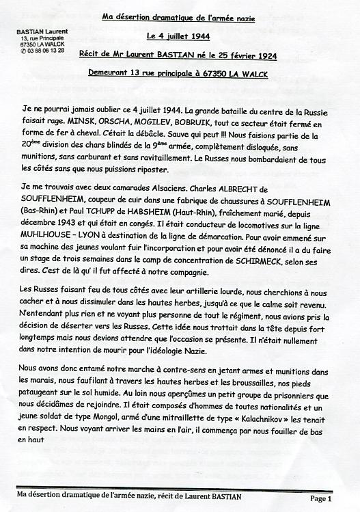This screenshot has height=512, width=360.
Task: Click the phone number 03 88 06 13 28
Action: (44, 51)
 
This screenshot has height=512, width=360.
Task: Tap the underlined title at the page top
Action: (179, 18)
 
